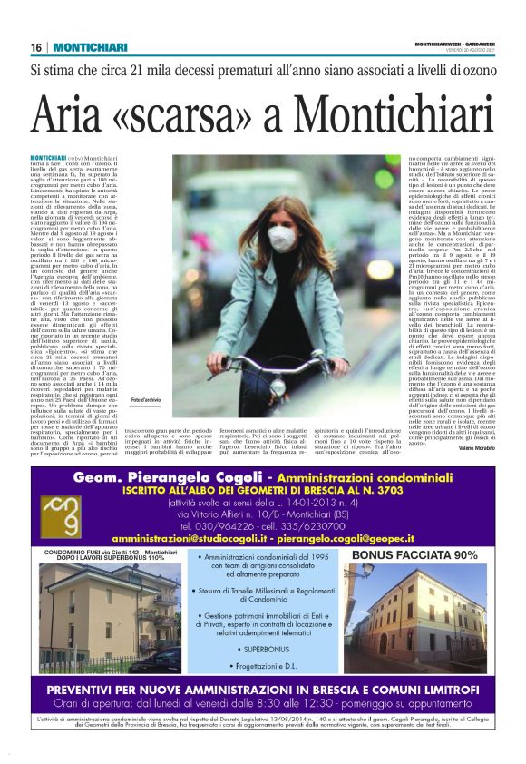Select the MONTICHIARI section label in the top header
89,47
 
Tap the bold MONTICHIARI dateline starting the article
48,157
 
